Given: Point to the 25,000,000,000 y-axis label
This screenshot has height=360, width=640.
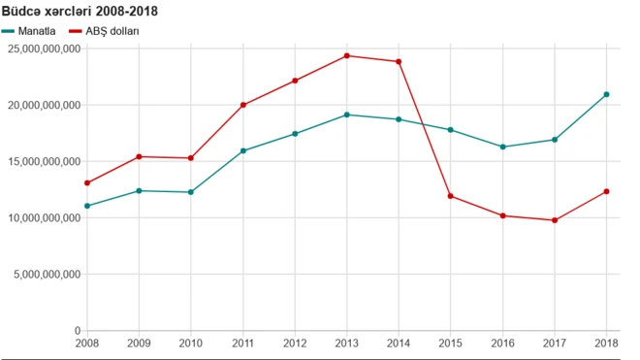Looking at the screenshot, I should point(44,49).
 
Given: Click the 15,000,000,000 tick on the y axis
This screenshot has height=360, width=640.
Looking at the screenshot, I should point(44,162).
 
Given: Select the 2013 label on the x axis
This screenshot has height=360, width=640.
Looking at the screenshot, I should point(347,343).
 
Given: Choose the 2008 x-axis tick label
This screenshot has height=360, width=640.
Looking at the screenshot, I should point(87,343).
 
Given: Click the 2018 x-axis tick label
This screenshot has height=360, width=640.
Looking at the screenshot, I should point(607,343).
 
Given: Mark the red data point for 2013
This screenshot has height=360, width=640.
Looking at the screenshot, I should point(347,55).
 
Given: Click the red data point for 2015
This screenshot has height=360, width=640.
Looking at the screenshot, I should point(451,196).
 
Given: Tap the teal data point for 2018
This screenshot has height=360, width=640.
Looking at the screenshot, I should point(607,94).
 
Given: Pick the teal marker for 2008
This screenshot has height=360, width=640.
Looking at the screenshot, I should point(87,206).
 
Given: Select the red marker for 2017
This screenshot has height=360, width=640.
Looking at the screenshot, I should point(555,220).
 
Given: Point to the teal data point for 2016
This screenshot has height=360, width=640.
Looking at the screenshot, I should point(502,147).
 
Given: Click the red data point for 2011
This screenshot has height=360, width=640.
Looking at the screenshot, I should point(243,105).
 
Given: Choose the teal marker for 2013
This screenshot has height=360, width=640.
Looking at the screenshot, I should point(347,115).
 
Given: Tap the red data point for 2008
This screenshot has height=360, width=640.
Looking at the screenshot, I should point(87,182).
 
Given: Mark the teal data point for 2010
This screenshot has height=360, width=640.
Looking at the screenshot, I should point(191,192).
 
